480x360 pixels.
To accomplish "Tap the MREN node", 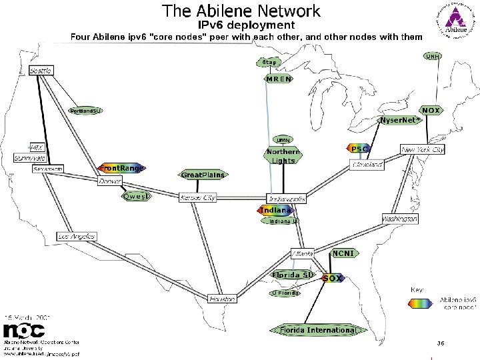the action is [279, 79].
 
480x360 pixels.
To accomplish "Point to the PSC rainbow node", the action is [359, 148].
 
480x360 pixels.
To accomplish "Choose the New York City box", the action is [423, 150].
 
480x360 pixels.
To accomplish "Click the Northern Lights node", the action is [283, 156].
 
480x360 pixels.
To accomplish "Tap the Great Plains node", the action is [203, 175].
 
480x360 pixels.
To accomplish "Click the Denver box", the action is [111, 181].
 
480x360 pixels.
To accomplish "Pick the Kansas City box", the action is [198, 198].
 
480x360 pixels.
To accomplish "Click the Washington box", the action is [400, 219].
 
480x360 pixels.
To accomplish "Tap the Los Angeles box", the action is [77, 237].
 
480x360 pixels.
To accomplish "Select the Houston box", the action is [222, 299].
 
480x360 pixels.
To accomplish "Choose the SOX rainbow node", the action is [333, 278].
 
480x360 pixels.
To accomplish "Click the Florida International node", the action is [317, 330].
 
